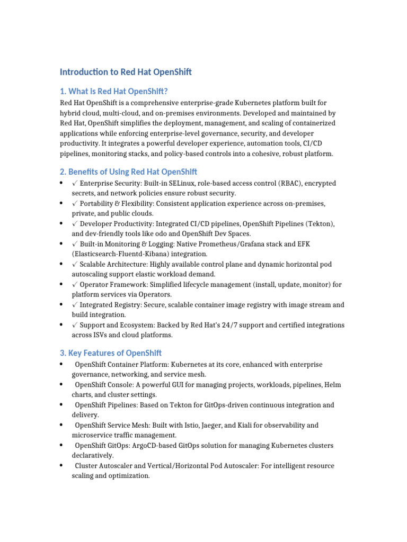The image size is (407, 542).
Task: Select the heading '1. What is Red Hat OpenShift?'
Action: (x=117, y=91)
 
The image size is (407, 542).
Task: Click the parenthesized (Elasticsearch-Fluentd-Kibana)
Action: (x=127, y=254)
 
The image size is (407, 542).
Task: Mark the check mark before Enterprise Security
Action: (x=75, y=183)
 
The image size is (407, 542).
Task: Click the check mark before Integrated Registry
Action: (x=75, y=305)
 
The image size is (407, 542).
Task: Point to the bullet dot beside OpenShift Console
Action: (x=62, y=385)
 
